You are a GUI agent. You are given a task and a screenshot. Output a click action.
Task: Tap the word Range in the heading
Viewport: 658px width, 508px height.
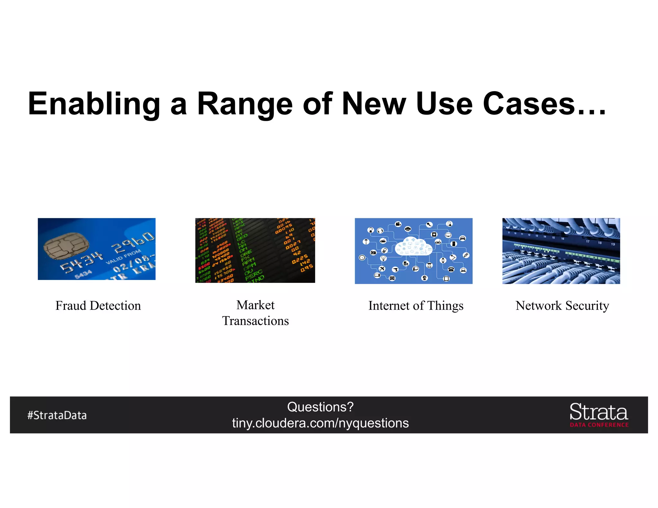click(245, 104)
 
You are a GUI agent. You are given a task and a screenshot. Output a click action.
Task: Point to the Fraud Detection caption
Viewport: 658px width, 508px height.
click(98, 306)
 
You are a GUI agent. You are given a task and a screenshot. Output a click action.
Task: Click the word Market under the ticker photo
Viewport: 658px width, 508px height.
click(255, 305)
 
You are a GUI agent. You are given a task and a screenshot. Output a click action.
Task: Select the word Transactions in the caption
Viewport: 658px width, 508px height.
click(255, 321)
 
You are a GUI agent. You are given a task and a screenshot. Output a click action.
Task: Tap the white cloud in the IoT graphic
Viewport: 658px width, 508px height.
click(413, 247)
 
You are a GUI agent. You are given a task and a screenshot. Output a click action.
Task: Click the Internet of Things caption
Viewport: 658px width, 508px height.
click(416, 306)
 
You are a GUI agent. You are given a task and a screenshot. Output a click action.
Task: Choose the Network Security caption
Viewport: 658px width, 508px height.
click(562, 306)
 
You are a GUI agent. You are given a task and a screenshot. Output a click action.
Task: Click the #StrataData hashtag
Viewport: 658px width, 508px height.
click(57, 415)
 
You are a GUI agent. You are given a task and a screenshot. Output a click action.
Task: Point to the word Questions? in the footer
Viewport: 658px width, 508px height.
click(320, 407)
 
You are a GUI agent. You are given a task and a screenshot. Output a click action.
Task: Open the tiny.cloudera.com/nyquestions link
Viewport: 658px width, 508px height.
click(320, 423)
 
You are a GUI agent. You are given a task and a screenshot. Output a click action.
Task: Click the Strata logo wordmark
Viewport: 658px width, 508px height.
click(599, 412)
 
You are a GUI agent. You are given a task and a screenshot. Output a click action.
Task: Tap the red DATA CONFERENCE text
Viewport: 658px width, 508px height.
click(599, 425)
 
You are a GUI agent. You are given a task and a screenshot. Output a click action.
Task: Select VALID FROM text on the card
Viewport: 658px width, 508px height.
click(123, 257)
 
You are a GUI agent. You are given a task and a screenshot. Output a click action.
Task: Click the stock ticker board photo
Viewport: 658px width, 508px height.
click(255, 250)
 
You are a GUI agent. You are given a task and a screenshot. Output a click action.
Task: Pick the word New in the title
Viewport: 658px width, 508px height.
click(374, 104)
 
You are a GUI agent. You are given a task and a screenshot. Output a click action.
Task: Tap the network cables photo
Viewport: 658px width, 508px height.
click(561, 251)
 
